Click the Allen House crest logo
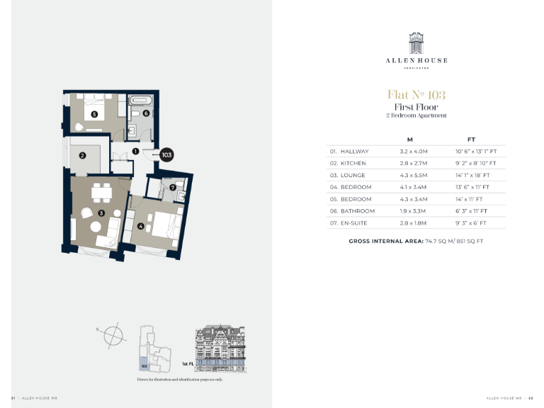416,42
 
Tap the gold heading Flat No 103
416,94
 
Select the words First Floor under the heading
416,107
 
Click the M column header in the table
409,140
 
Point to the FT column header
472,140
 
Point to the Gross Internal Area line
416,242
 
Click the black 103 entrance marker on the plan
166,154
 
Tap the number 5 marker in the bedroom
93,113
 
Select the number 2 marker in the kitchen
82,156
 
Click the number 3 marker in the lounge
101,212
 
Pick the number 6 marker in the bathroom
146,113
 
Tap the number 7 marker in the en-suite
172,187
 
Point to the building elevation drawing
220,347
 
